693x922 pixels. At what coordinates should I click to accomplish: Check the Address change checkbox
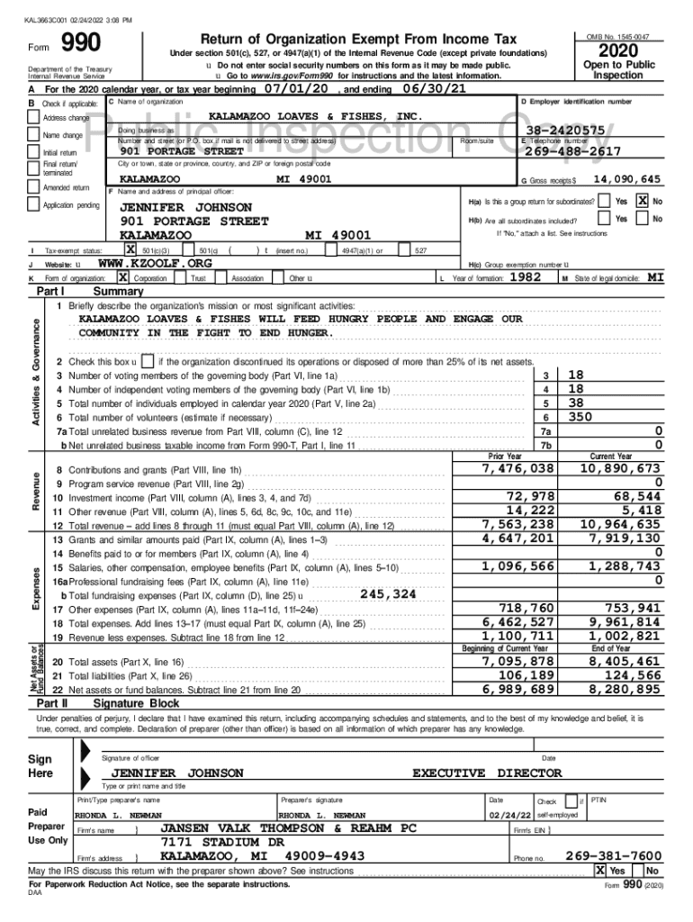35,118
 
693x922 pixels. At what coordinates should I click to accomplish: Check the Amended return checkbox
35,188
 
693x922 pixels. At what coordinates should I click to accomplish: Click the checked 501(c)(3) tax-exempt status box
130,249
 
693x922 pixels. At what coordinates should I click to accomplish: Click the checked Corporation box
122,278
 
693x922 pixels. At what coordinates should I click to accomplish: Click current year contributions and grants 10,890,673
620,469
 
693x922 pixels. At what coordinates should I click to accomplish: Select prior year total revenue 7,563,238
517,524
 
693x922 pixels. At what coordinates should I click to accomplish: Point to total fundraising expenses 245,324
388,594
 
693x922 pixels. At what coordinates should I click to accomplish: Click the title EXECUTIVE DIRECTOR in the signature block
487,773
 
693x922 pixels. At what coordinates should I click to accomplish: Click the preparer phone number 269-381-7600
613,855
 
